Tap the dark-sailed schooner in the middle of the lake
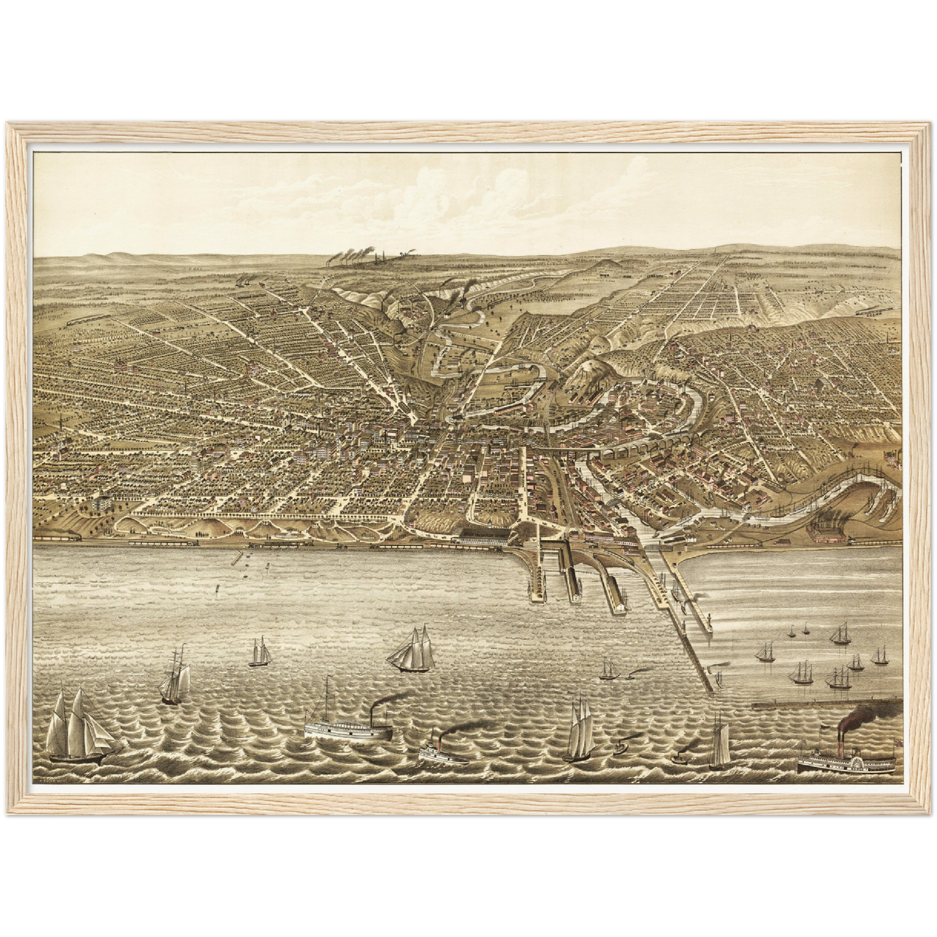point(412,650)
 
